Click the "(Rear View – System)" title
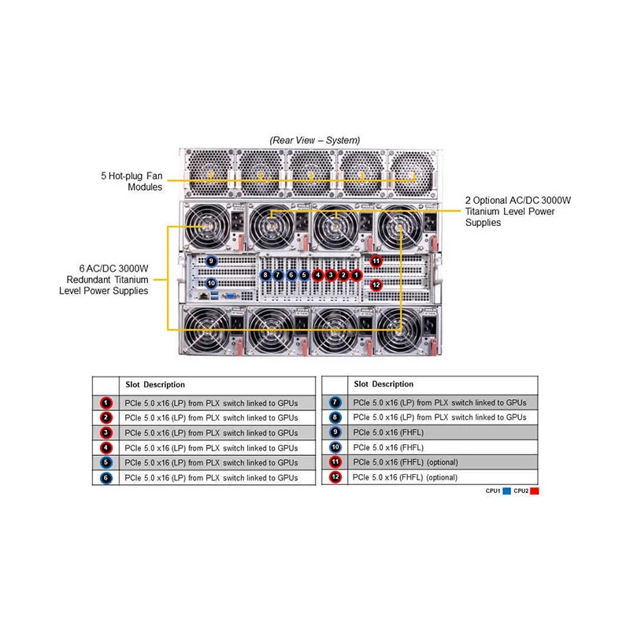[x=315, y=140]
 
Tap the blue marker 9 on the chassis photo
[x=211, y=261]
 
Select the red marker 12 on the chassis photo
[x=376, y=284]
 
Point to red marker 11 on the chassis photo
[x=376, y=261]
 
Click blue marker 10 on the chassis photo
[x=211, y=283]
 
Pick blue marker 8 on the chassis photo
[x=266, y=275]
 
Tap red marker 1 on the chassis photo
[x=357, y=275]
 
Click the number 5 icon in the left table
[x=106, y=462]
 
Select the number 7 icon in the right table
[x=335, y=402]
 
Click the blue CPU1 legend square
[x=507, y=491]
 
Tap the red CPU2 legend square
[x=535, y=491]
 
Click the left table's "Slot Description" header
[x=155, y=384]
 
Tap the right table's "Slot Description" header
[x=384, y=384]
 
